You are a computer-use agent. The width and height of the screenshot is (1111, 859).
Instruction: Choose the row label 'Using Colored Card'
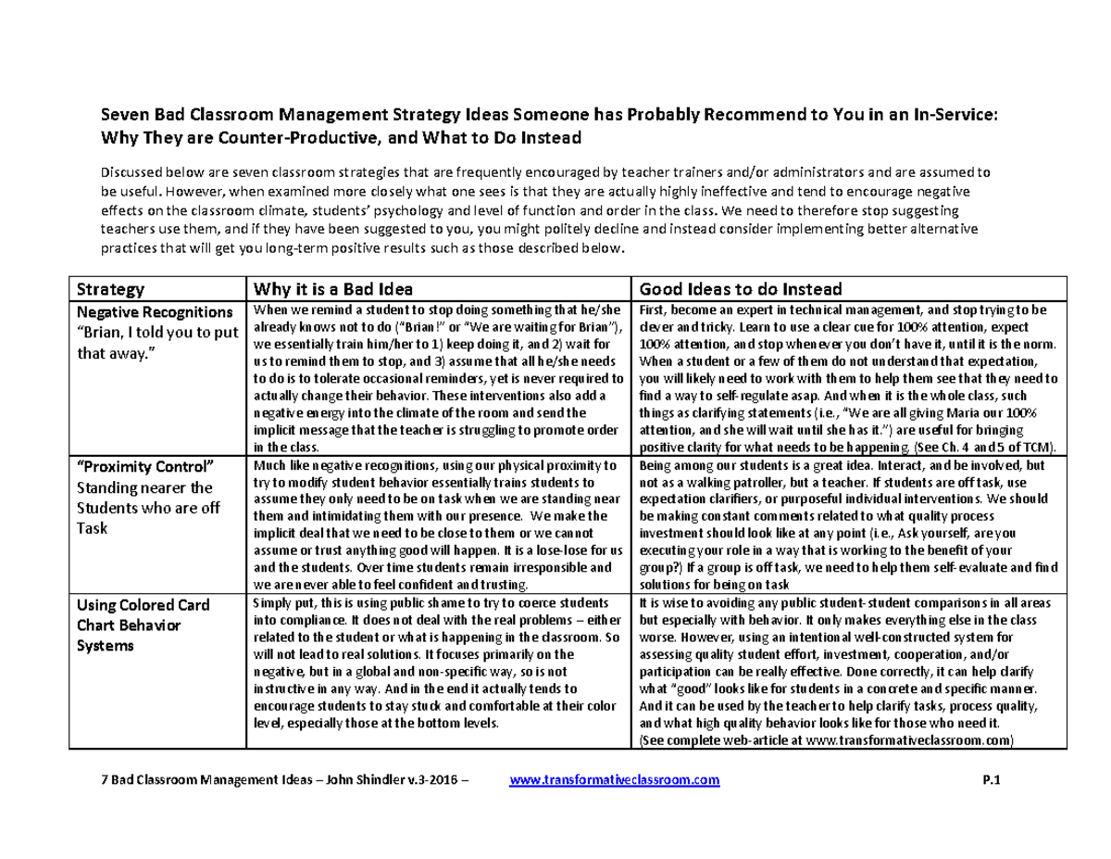point(143,605)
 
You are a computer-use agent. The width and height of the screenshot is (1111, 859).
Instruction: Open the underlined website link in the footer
point(615,780)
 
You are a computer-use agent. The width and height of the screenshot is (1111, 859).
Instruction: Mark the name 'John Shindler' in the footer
point(362,780)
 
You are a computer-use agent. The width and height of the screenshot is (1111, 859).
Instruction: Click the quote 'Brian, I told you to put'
point(156,332)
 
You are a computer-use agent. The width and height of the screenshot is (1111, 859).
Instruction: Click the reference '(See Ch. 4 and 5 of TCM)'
point(988,446)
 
